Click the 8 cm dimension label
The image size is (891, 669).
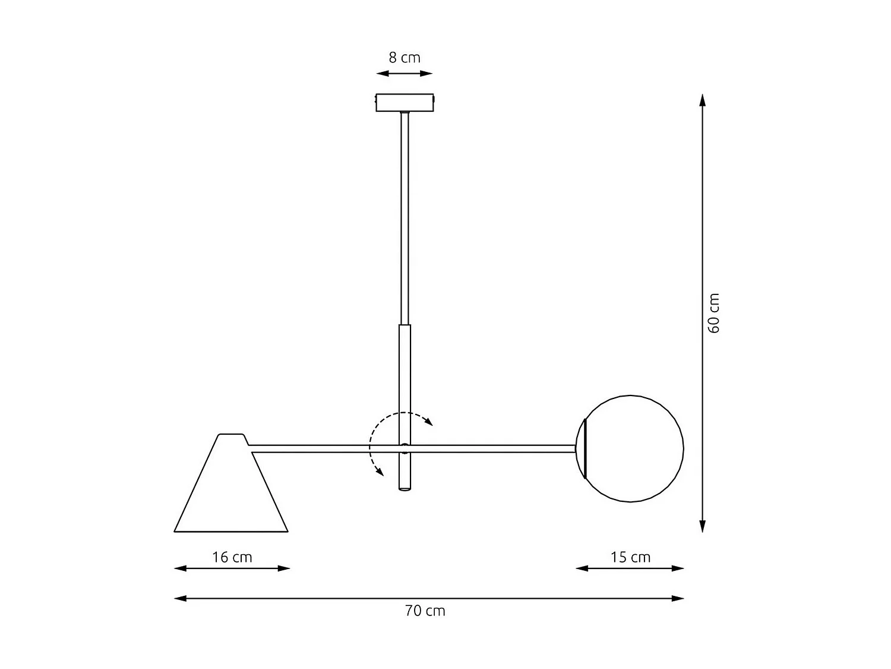click(x=405, y=58)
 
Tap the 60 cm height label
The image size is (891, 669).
click(x=714, y=313)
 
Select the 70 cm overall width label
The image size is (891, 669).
click(x=425, y=611)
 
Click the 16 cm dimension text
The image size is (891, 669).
click(x=232, y=557)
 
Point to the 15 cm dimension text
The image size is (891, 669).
click(x=630, y=557)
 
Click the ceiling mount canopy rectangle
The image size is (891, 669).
click(x=405, y=103)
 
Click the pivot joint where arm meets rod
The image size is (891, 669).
click(x=405, y=448)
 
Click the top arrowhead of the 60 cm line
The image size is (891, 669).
click(x=703, y=100)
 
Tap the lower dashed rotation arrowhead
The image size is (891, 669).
click(x=378, y=472)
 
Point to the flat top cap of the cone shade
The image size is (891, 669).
click(x=231, y=435)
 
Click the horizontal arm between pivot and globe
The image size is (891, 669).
click(x=493, y=448)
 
